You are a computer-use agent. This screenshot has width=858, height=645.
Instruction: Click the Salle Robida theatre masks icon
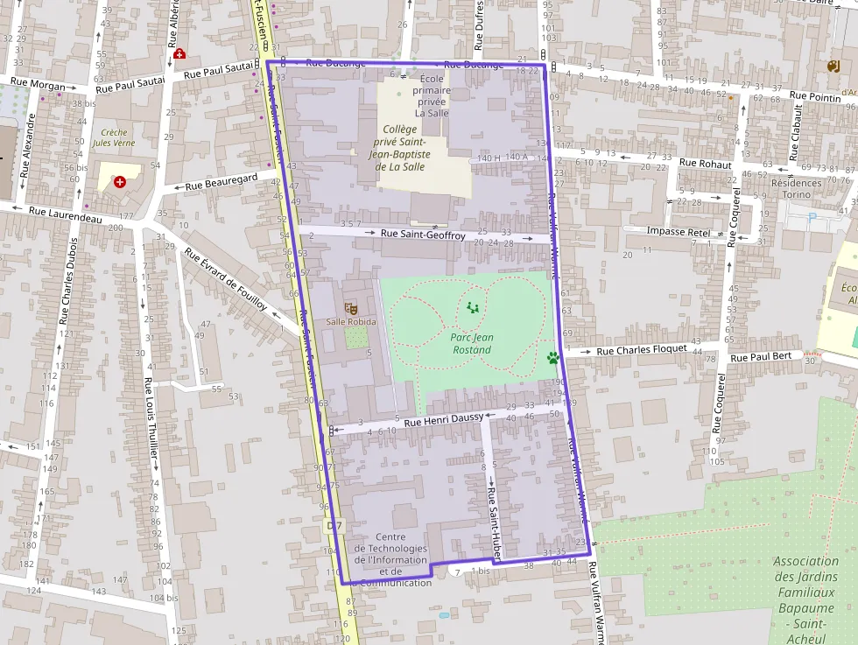pyautogui.click(x=351, y=308)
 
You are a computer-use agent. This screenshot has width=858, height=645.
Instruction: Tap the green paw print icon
pyautogui.click(x=552, y=357)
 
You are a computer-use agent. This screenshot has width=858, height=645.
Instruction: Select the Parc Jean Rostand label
pyautogui.click(x=471, y=343)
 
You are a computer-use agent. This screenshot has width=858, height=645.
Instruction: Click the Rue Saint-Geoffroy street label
pyautogui.click(x=423, y=234)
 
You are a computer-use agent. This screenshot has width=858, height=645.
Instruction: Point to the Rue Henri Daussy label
pyautogui.click(x=444, y=420)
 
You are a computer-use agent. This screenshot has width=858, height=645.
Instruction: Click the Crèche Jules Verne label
pyautogui.click(x=114, y=138)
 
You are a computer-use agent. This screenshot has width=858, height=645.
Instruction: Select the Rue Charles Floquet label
pyautogui.click(x=642, y=349)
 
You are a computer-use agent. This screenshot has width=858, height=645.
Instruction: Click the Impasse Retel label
pyautogui.click(x=678, y=231)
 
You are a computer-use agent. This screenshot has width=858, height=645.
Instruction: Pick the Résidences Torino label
pyautogui.click(x=797, y=189)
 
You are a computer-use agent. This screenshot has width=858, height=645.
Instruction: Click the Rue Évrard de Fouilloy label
pyautogui.click(x=225, y=279)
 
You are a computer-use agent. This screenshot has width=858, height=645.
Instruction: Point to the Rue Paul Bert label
pyautogui.click(x=760, y=357)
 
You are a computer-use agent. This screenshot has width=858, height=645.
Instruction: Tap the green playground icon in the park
pyautogui.click(x=473, y=307)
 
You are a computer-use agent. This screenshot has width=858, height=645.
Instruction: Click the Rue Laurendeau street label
pyautogui.click(x=65, y=214)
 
